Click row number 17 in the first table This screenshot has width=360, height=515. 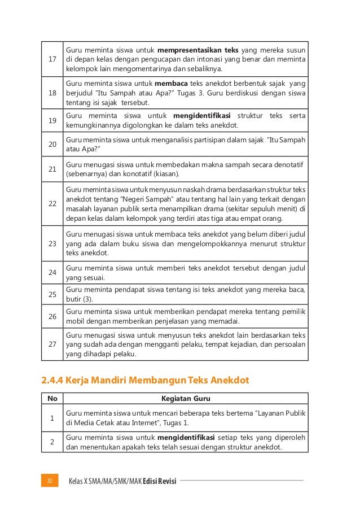[x=52, y=58]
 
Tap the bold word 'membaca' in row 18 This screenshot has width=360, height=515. [x=174, y=82]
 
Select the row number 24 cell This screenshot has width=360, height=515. [x=52, y=272]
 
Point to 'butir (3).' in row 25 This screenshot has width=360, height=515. [x=80, y=299]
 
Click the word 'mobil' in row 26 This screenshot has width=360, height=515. [x=76, y=321]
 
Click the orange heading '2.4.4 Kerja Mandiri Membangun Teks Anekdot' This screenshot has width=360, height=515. [x=145, y=381]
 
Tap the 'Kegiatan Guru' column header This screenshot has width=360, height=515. [x=186, y=399]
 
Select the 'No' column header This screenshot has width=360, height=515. [x=52, y=399]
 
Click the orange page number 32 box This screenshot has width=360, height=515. [x=50, y=481]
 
